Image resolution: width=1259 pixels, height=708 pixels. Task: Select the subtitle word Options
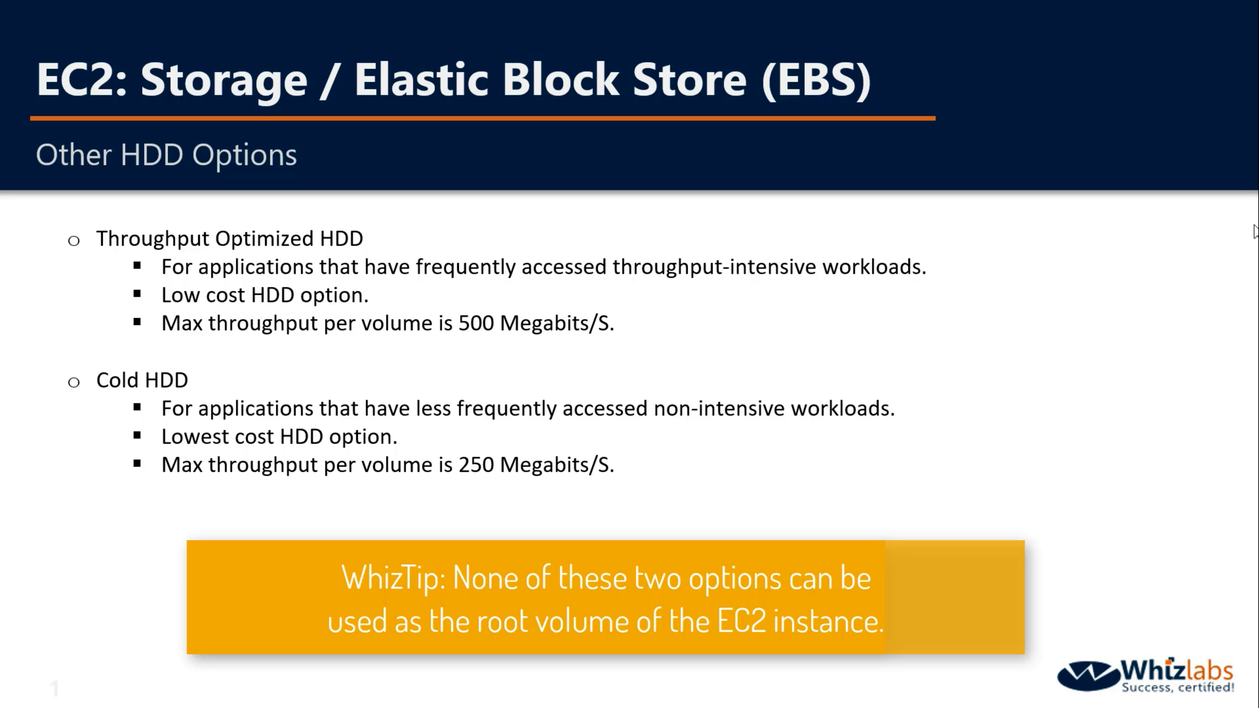click(x=244, y=155)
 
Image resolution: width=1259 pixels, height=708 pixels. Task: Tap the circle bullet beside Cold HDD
click(x=74, y=382)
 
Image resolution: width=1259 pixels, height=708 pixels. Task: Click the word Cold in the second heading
click(x=117, y=380)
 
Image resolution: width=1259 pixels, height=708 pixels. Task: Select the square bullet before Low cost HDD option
click(x=137, y=294)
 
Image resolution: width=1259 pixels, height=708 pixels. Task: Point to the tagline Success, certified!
click(x=1178, y=687)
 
